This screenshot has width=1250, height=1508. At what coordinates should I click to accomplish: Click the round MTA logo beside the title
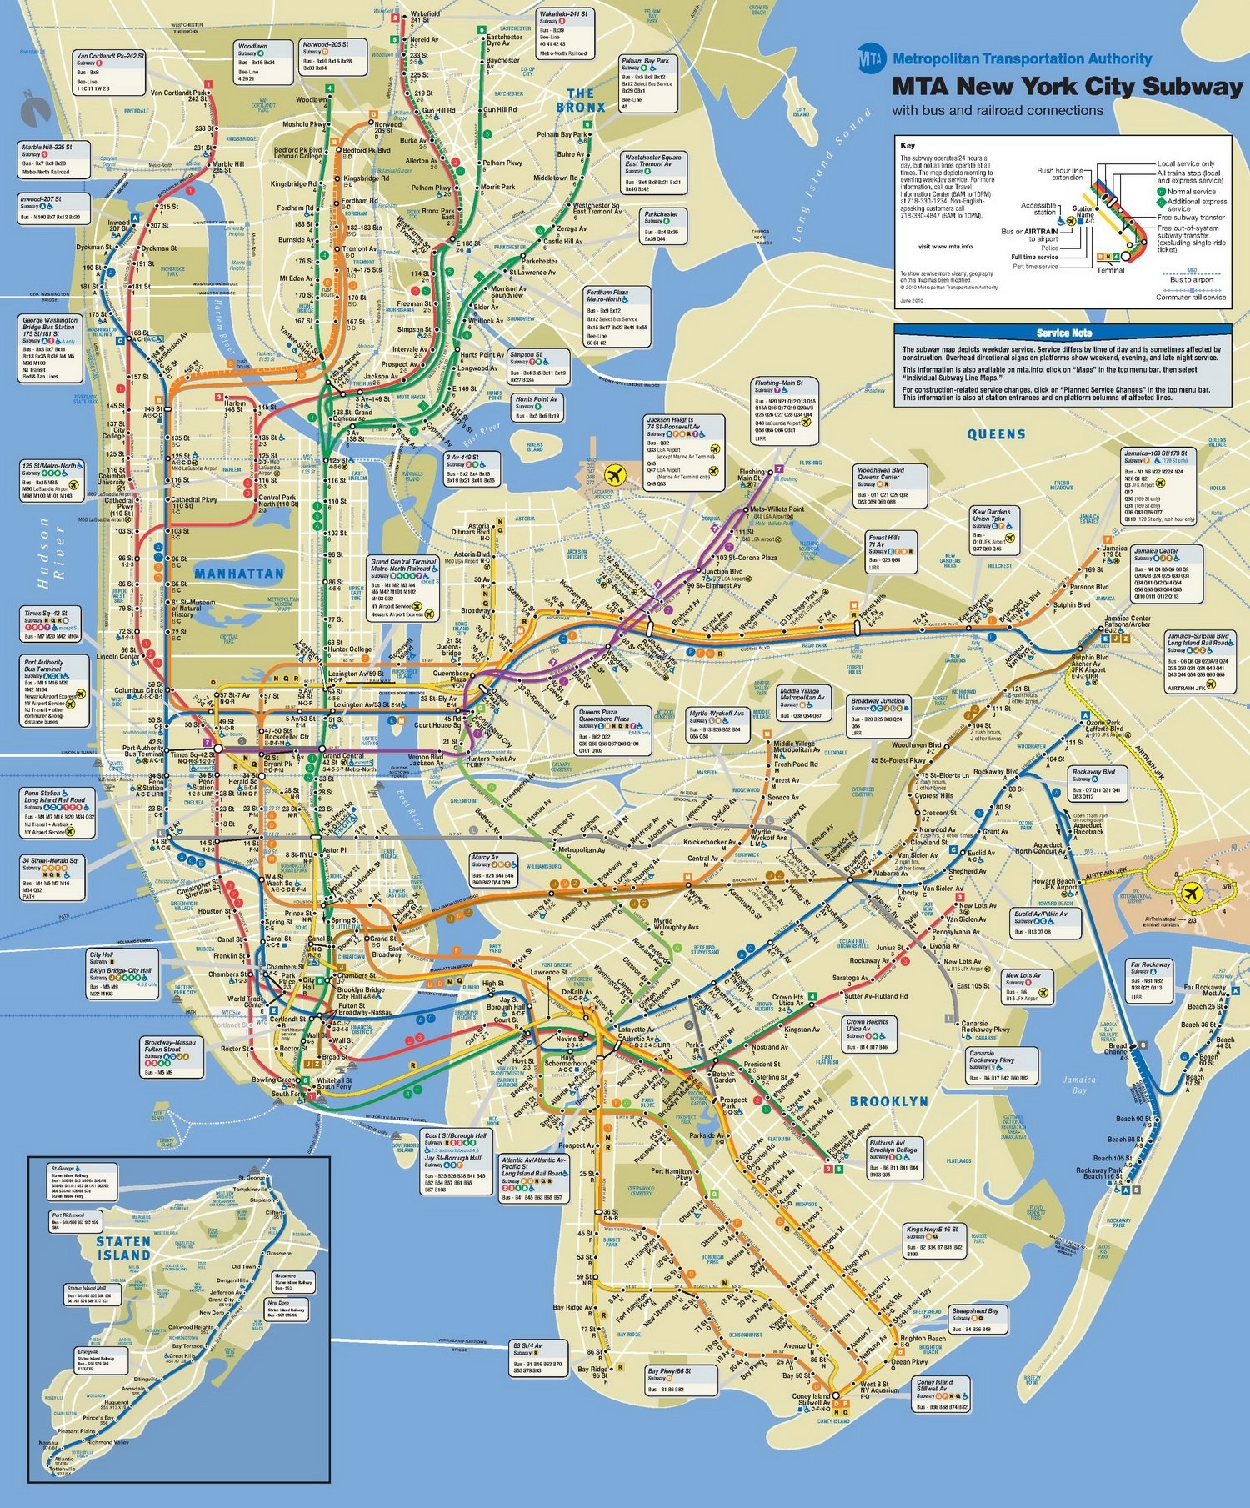point(872,58)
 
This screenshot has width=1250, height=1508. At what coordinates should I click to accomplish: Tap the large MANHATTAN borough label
point(239,574)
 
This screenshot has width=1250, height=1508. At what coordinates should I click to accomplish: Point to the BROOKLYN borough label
point(888,1101)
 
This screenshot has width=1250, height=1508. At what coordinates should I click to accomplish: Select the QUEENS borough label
point(996,434)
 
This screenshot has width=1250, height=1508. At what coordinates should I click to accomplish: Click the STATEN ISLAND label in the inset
point(123,1248)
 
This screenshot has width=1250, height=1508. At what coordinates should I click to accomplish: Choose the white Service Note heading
point(1063,333)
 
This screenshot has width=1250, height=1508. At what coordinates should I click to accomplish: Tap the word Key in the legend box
point(906,145)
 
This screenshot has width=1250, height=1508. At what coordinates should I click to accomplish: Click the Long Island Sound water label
point(832,174)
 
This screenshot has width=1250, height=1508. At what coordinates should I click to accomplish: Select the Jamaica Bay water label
point(1079,1085)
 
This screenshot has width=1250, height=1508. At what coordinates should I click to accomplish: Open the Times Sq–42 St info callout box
point(52,624)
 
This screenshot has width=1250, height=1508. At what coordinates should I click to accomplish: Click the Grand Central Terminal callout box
point(403,589)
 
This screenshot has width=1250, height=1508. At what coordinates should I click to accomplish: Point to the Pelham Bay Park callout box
point(647,83)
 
